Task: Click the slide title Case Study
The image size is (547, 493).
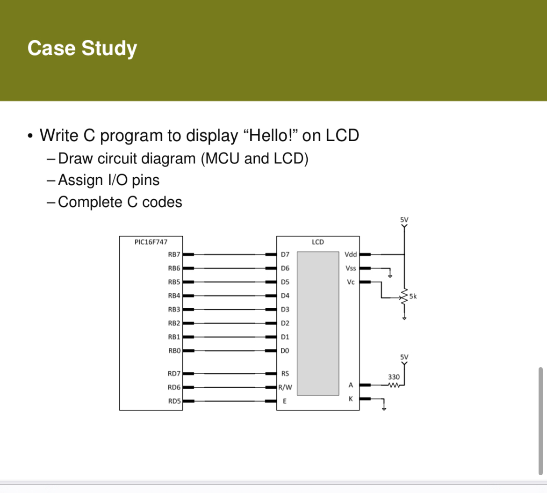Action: coord(82,48)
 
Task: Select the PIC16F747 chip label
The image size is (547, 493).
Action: coord(151,242)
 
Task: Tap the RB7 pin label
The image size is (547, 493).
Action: coord(174,254)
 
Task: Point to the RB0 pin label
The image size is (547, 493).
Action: coord(174,351)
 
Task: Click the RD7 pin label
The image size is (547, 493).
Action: coord(174,374)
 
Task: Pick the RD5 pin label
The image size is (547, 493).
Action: coord(174,401)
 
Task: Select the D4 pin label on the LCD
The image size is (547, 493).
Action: coord(285,296)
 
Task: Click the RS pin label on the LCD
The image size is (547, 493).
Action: coord(285,374)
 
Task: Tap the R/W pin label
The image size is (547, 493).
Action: coord(285,387)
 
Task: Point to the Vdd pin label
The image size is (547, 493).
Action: coord(351,254)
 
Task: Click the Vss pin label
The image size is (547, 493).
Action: coord(351,268)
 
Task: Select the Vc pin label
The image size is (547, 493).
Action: coord(351,282)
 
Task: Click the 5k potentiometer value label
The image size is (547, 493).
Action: coord(413,296)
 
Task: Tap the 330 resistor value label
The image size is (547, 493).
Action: coord(394,377)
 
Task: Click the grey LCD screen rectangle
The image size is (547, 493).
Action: coord(318,323)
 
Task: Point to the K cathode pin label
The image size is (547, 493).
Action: coord(351,399)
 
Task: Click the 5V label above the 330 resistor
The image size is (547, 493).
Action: coord(404,357)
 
